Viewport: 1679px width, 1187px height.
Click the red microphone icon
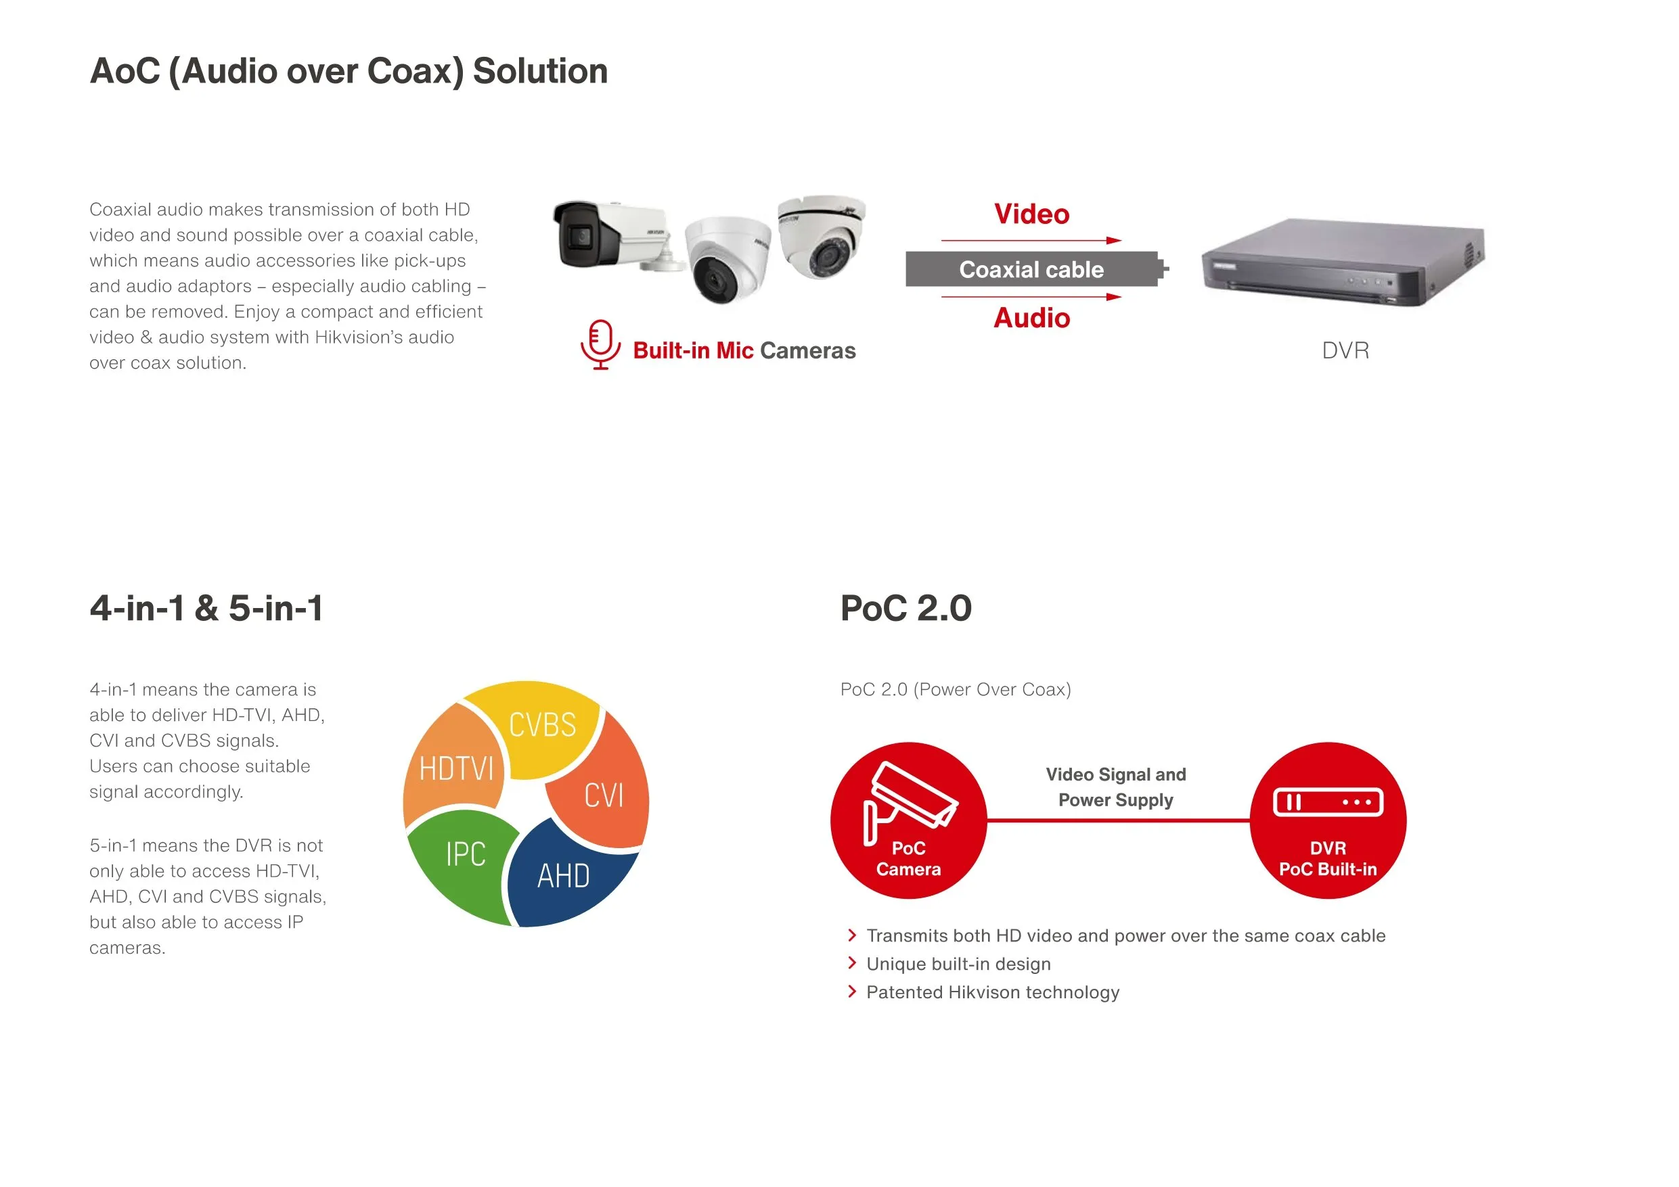coord(600,344)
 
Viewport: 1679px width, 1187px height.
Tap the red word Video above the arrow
coord(1032,214)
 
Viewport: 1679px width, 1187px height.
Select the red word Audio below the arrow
coord(1032,318)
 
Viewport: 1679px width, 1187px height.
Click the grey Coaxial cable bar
coord(1036,269)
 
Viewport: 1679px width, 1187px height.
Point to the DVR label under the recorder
coord(1345,351)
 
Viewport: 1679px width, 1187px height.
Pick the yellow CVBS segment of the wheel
coord(537,727)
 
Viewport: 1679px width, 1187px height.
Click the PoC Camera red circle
coord(909,820)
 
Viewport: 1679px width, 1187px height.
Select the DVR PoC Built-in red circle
coord(1328,820)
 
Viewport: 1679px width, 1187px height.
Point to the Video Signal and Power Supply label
coord(1116,787)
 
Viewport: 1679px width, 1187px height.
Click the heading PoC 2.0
coord(906,608)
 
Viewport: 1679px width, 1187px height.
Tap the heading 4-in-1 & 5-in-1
coord(206,608)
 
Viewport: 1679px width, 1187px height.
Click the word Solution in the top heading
coord(541,71)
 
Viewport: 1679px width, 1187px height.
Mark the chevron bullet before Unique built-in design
coord(852,963)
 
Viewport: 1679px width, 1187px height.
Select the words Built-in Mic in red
coord(693,351)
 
